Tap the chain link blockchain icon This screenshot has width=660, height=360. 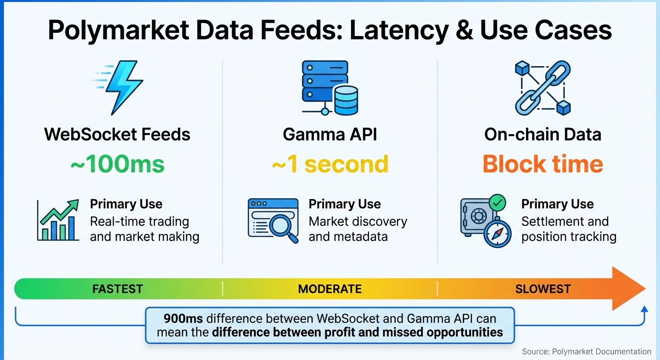click(543, 88)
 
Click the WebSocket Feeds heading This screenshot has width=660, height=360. click(117, 135)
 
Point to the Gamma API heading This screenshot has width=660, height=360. click(330, 135)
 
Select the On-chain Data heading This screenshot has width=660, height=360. click(543, 135)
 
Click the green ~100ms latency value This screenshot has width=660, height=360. click(117, 164)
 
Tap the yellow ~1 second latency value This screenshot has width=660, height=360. click(330, 164)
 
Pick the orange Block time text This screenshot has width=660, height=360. click(543, 164)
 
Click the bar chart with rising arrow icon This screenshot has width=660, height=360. click(58, 220)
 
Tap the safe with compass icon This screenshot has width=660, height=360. click(483, 221)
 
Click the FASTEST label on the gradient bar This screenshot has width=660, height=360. click(117, 289)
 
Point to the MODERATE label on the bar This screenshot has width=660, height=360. click(330, 289)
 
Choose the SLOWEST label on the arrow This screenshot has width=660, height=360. click(543, 289)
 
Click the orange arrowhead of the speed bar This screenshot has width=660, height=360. click(628, 289)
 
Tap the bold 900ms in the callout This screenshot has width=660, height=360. click(183, 319)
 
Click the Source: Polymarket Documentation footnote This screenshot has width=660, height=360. click(586, 352)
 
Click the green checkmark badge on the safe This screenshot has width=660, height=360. click(497, 203)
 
